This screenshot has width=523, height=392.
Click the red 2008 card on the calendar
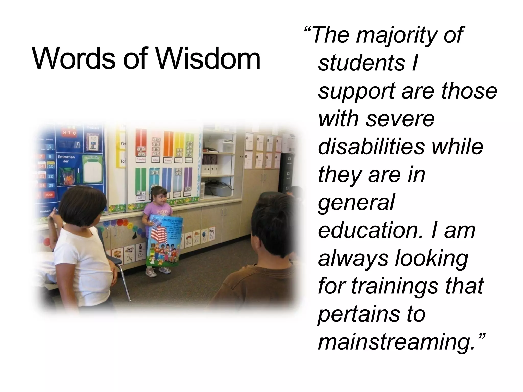49,195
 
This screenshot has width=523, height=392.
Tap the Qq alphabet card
129,259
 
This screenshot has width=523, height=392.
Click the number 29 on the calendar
51,185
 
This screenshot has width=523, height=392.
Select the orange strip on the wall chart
169,143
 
